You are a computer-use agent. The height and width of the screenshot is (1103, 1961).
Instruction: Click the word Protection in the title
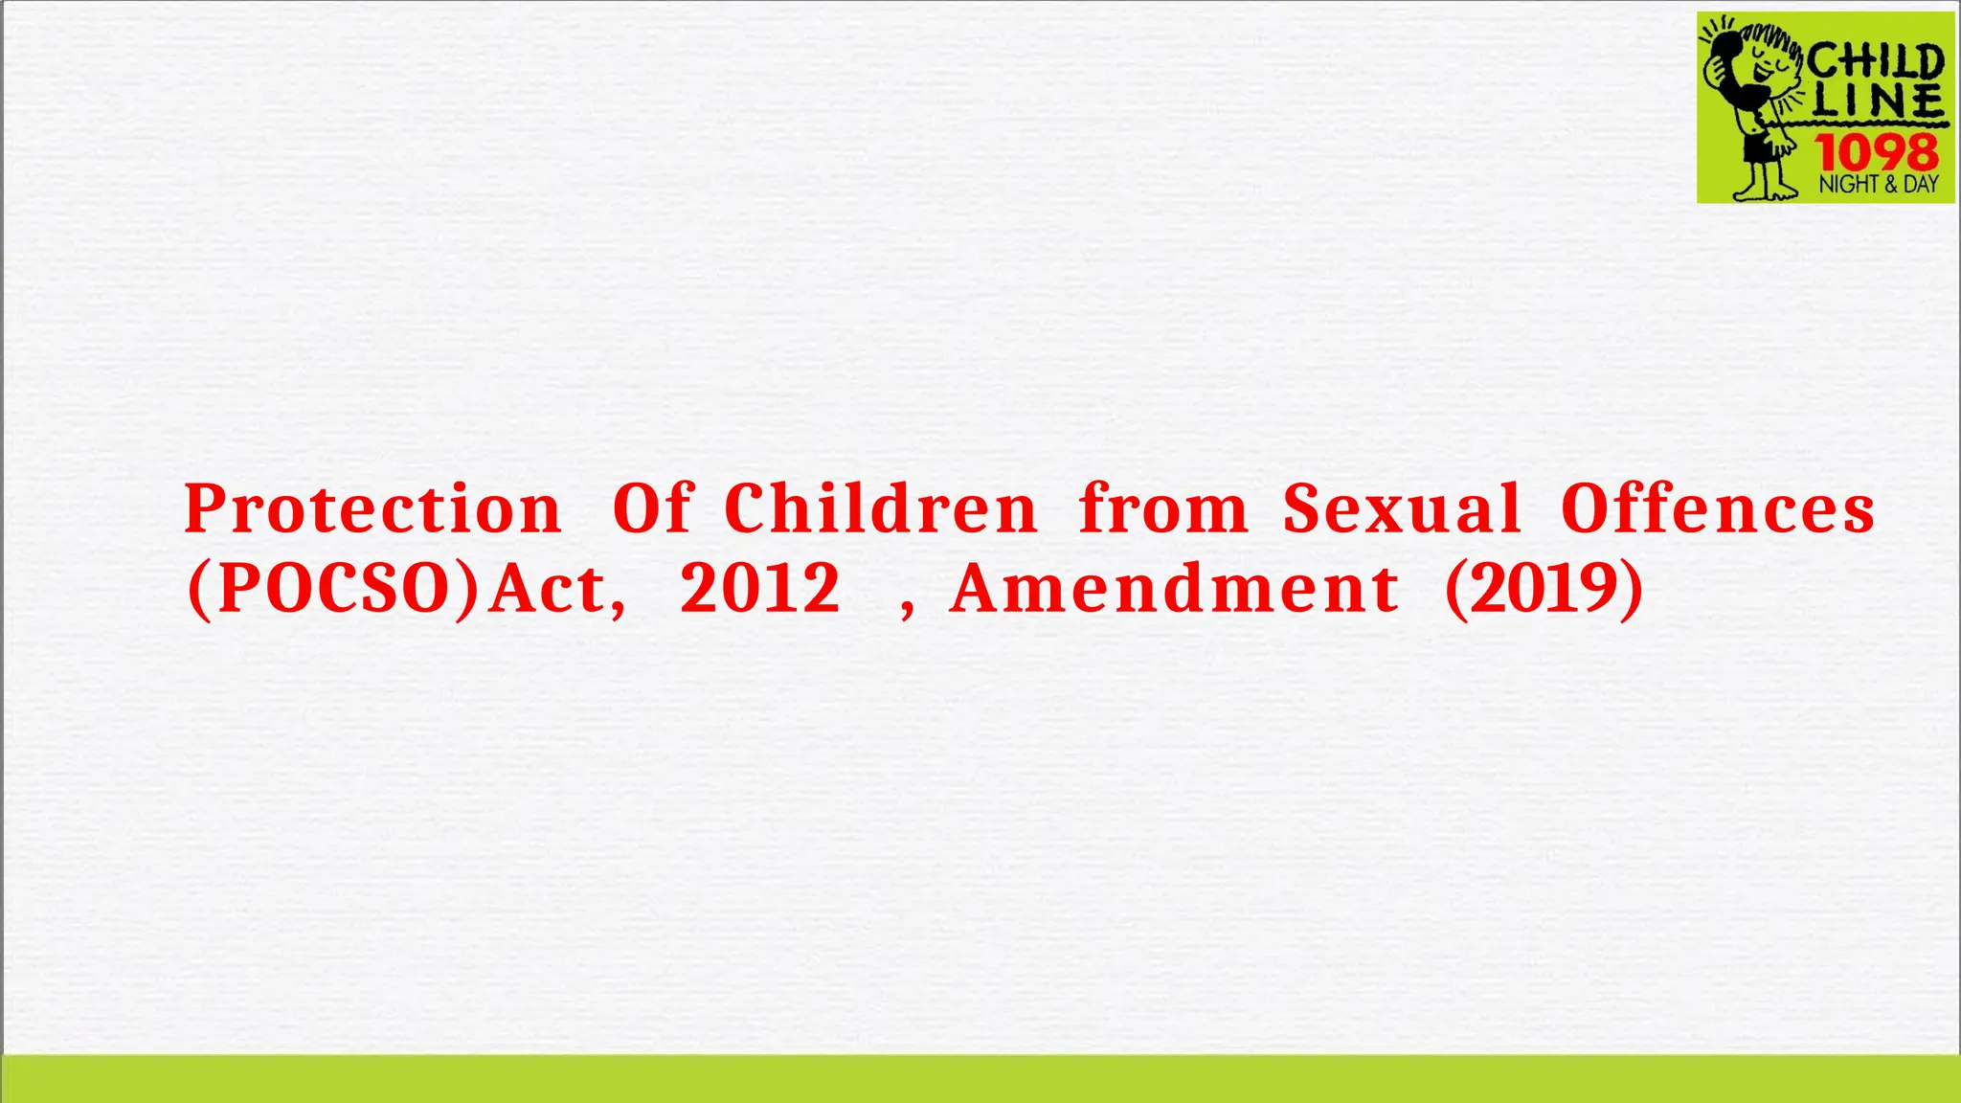(372, 508)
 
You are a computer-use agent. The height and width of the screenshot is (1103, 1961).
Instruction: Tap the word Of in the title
(652, 508)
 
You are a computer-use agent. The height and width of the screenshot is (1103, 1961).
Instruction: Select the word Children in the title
(881, 508)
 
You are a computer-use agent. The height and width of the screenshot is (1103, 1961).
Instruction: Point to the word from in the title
(1163, 508)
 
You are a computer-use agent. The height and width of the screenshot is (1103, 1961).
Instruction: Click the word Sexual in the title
(1402, 508)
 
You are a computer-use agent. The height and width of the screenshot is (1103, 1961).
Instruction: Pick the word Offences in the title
(1718, 508)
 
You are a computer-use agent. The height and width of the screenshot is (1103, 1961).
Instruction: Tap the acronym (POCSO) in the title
(332, 588)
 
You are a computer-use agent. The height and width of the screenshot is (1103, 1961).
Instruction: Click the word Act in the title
(556, 588)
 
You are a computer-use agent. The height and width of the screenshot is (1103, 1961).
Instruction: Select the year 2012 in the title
(760, 588)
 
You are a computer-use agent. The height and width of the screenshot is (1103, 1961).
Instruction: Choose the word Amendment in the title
(1174, 588)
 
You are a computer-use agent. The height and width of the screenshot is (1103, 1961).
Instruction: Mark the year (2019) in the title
(1544, 588)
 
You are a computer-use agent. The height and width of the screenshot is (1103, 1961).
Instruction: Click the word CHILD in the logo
(1876, 63)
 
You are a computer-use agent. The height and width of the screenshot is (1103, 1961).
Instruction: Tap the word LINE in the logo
(1878, 101)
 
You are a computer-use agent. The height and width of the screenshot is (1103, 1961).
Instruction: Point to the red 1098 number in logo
(1878, 151)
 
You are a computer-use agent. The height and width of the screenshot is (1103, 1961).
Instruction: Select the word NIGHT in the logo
(1848, 184)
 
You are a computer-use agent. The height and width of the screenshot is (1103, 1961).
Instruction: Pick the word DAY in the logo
(1921, 184)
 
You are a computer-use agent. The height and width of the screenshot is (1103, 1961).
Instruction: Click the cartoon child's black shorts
(1758, 148)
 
